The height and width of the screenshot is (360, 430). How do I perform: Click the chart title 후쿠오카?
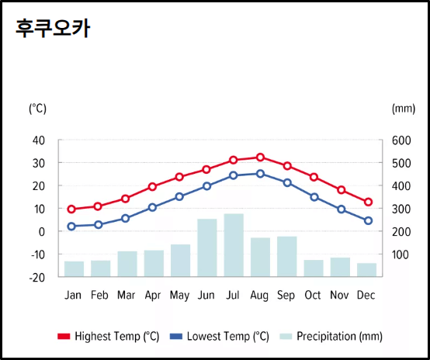tap(53, 28)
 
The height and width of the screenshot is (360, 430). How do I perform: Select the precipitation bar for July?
tap(234, 245)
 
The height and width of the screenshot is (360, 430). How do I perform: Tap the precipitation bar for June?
tap(207, 247)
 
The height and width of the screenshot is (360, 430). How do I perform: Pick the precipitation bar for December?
tap(366, 269)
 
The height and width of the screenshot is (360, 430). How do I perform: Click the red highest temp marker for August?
tap(260, 157)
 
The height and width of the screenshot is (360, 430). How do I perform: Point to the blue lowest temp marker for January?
tap(71, 227)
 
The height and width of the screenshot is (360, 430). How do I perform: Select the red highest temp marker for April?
tap(153, 187)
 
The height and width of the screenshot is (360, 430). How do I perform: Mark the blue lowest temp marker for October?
tap(314, 197)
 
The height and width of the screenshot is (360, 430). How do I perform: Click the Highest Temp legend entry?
tap(108, 336)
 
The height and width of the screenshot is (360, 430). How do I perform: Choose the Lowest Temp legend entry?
tap(220, 336)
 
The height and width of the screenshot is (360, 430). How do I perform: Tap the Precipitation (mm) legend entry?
tap(331, 336)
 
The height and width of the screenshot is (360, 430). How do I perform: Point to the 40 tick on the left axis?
tap(39, 140)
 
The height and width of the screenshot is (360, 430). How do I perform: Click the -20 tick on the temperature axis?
tap(38, 277)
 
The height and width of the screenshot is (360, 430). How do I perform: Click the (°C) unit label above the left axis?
tap(37, 109)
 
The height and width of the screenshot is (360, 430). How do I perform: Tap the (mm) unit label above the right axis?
tap(404, 109)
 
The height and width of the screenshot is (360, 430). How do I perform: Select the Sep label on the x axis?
tap(286, 296)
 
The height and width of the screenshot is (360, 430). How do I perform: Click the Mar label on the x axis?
tap(126, 296)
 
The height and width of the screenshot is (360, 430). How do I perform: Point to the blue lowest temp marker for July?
tap(233, 175)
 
